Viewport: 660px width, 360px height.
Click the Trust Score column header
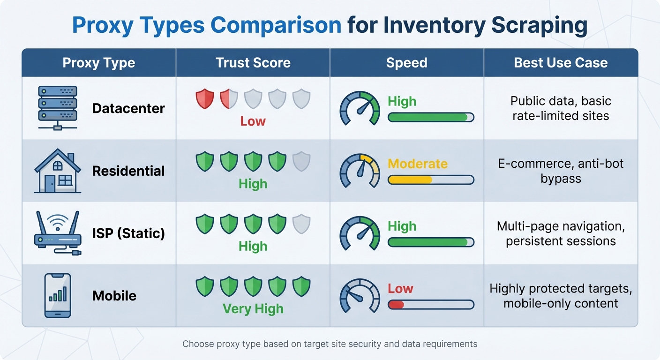[253, 63]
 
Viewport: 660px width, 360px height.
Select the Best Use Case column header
[561, 63]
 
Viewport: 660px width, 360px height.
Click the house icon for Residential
[58, 171]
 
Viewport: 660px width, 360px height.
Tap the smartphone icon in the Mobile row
[58, 295]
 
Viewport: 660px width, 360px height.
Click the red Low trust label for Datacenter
[253, 121]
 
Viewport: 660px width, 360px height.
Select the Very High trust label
[253, 309]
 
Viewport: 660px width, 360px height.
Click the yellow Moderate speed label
[417, 164]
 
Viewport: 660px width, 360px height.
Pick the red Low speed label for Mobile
[400, 288]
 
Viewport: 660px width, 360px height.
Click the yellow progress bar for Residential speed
[410, 180]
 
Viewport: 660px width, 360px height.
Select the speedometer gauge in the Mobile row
[360, 296]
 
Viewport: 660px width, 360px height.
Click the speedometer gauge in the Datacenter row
[360, 108]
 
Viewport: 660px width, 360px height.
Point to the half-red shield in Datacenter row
[229, 99]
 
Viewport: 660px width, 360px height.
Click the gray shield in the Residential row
[301, 161]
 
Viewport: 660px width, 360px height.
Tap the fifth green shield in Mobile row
[301, 286]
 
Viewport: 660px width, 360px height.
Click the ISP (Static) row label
[128, 233]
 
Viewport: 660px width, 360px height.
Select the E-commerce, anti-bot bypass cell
[561, 171]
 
